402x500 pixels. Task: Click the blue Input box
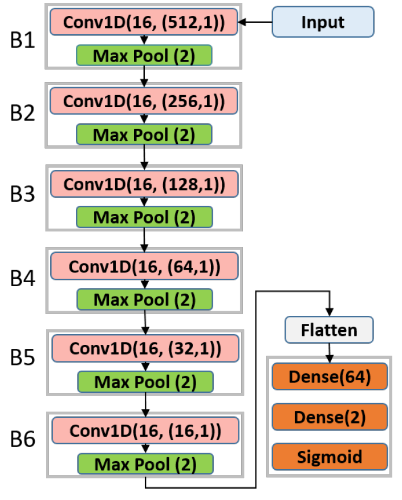click(x=323, y=22)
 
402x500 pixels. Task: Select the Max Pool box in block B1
click(x=144, y=55)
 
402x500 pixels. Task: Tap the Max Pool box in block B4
click(x=144, y=299)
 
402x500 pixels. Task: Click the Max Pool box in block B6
click(x=145, y=464)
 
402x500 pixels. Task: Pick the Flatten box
click(x=329, y=330)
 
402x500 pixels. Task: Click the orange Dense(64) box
click(x=330, y=377)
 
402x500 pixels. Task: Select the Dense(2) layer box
click(x=330, y=417)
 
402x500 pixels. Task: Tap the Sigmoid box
click(x=330, y=457)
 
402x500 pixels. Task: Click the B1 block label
click(x=22, y=40)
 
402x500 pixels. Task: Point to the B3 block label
click(x=22, y=194)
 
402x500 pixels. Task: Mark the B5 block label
click(x=22, y=357)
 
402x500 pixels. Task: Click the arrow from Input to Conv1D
click(x=255, y=22)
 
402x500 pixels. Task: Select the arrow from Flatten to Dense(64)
click(x=329, y=353)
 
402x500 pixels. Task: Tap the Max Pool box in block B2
click(x=144, y=135)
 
